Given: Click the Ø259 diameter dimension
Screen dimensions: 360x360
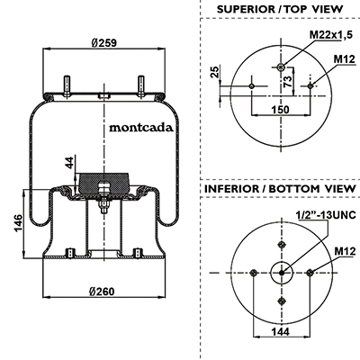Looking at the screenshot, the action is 103,42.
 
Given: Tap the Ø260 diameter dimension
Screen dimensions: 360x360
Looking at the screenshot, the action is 102,291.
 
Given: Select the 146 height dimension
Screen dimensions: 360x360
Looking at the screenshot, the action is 18,222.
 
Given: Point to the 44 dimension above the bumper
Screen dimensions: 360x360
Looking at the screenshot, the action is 69,162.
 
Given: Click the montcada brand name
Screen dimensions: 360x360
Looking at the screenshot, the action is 141,128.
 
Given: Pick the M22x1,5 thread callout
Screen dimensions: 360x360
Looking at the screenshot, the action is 331,35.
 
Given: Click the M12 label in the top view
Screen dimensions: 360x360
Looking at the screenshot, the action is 345,59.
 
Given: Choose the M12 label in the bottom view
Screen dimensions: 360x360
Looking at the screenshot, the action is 345,251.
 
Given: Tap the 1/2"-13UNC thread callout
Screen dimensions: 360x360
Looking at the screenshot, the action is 326,215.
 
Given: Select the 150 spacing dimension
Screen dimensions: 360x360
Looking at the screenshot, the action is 281,110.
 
